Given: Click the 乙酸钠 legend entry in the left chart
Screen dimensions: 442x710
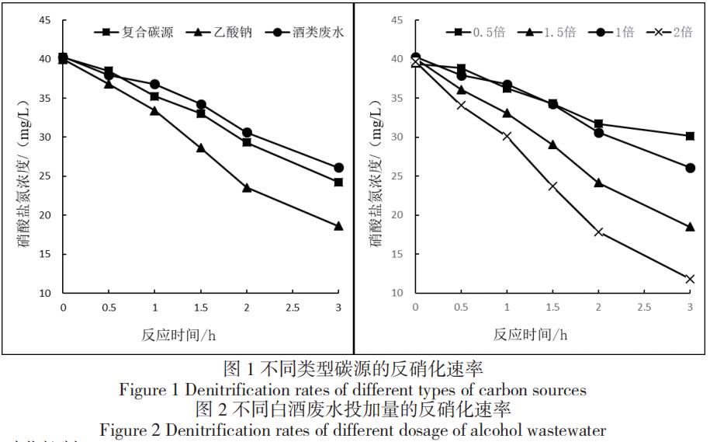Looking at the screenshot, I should (224, 33).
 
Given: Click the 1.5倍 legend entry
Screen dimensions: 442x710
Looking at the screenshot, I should (552, 33).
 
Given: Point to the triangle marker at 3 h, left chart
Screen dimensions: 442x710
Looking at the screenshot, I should (338, 226).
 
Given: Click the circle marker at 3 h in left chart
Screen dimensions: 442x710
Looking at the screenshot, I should (338, 167).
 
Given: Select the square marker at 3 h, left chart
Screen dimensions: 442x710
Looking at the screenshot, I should (338, 183).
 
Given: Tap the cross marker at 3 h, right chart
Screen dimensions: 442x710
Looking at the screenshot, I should (690, 279).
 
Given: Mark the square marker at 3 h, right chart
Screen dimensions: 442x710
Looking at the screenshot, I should (690, 136).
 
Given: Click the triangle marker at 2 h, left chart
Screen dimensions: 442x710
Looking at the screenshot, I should (247, 187).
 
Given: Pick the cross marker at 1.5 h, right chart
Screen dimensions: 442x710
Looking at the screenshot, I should (552, 186).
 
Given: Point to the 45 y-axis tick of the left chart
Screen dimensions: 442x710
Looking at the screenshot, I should (46, 20).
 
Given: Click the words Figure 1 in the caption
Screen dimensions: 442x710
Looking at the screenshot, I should (147, 389).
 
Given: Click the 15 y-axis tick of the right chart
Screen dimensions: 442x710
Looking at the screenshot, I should (397, 254).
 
